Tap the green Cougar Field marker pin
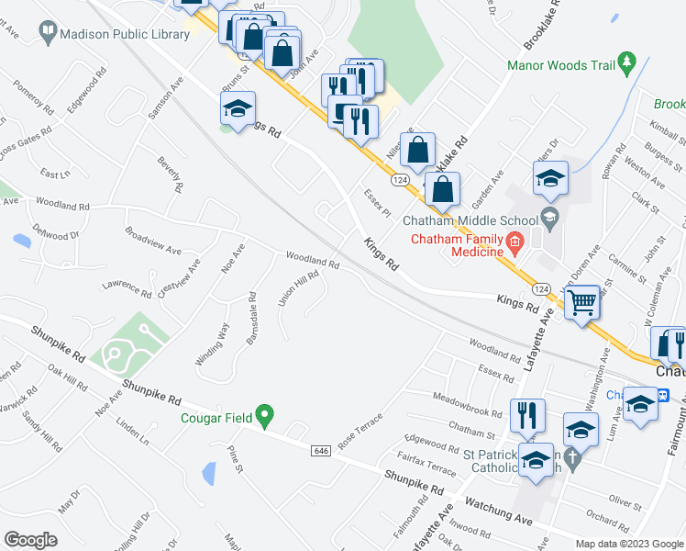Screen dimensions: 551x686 pyautogui.click(x=265, y=417)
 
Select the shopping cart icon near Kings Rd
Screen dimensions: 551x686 pyautogui.click(x=583, y=302)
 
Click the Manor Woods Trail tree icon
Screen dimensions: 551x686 pyautogui.click(x=627, y=63)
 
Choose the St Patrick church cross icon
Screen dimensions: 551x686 pyautogui.click(x=571, y=457)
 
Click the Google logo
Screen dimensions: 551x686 pyautogui.click(x=30, y=540)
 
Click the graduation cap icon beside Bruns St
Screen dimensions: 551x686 pyautogui.click(x=237, y=108)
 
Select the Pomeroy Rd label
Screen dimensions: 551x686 pyautogui.click(x=35, y=96)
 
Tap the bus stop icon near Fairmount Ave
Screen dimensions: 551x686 pyautogui.click(x=640, y=402)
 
